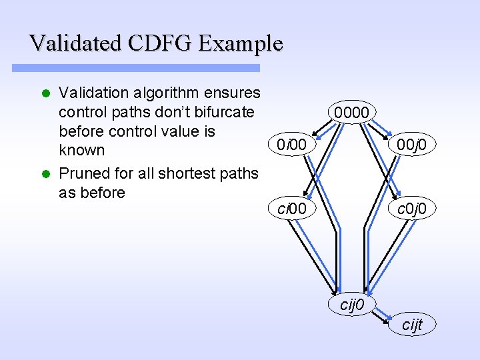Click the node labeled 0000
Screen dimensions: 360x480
tap(355, 113)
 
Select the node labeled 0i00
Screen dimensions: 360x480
tap(292, 144)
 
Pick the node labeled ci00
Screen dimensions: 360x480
tap(292, 209)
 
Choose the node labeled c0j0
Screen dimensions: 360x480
tap(415, 209)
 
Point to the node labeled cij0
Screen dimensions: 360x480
tap(351, 305)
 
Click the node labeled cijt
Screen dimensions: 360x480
tap(413, 325)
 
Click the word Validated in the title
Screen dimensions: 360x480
tap(75, 44)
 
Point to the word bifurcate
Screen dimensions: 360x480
tap(221, 111)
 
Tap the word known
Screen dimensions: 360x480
tap(82, 150)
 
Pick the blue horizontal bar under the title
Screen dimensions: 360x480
tap(136, 68)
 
